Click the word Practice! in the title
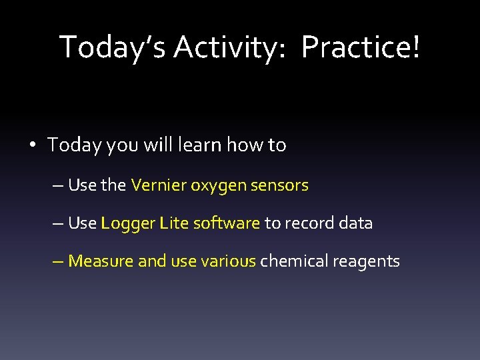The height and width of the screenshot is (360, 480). pos(361,47)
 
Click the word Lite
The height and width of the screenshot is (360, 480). pos(174,223)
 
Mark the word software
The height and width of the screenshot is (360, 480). pos(226,223)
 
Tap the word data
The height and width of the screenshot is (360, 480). pos(355,223)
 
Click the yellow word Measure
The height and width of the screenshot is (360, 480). pos(100,261)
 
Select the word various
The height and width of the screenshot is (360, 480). pos(228,261)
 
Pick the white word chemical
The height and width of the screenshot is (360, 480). pos(289,261)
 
